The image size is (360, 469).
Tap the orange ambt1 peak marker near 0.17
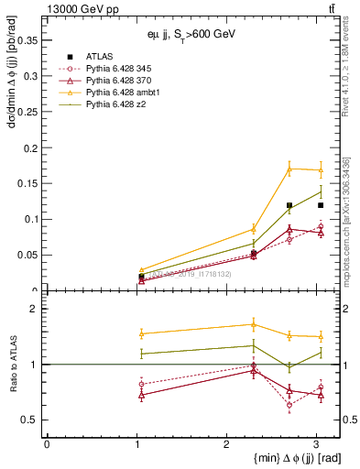289,169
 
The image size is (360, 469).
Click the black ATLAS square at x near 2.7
289,205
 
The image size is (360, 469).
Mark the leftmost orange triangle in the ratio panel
141,333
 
